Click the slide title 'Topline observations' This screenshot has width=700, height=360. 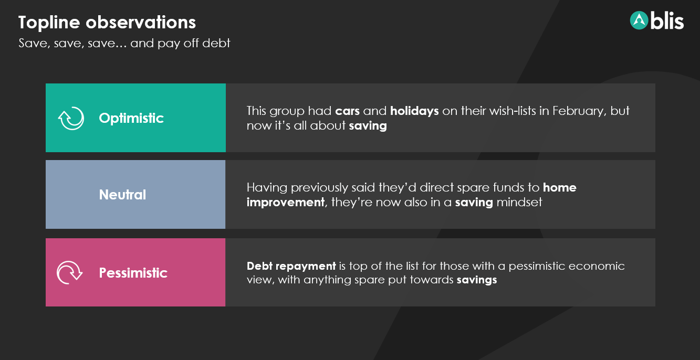coord(107,23)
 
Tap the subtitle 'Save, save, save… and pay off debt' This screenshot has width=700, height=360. coord(124,43)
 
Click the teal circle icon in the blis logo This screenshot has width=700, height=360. coord(639,20)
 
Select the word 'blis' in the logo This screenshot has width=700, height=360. coord(667,21)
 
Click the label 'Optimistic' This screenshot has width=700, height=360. coord(131,118)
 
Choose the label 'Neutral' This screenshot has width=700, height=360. coord(122,195)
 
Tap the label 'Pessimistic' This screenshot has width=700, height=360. coord(133,272)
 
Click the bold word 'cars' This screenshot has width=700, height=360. coord(347,111)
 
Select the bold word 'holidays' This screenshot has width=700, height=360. coord(414,111)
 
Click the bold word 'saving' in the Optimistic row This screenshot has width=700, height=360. coord(368,126)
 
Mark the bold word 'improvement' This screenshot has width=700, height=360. coord(286,203)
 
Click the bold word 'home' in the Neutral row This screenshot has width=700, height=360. coord(560,187)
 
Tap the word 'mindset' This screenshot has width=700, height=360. coord(519,203)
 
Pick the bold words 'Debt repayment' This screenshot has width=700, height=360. coord(291,266)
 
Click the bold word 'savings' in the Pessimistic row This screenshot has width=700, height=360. coord(477,280)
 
